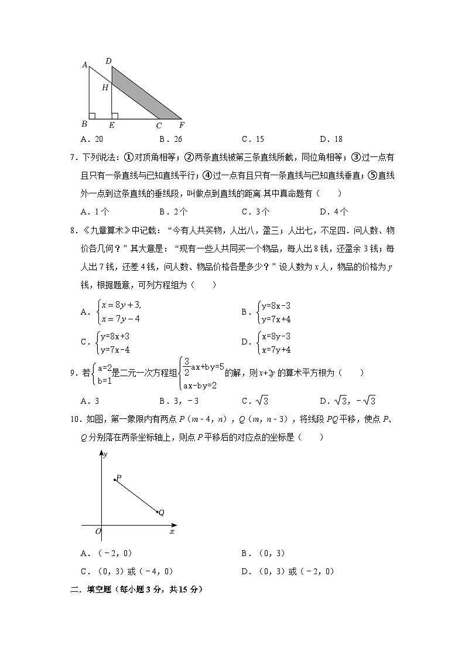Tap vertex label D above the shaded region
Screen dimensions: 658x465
[108, 60]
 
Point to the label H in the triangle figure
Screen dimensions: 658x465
[105, 88]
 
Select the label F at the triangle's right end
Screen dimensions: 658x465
[182, 125]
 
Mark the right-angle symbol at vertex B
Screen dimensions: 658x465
[92, 115]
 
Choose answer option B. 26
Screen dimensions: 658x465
[170, 139]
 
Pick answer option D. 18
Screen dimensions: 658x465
[331, 139]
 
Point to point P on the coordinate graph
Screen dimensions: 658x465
[115, 480]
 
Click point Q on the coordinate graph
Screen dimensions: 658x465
[158, 512]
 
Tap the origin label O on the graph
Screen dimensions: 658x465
[98, 531]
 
